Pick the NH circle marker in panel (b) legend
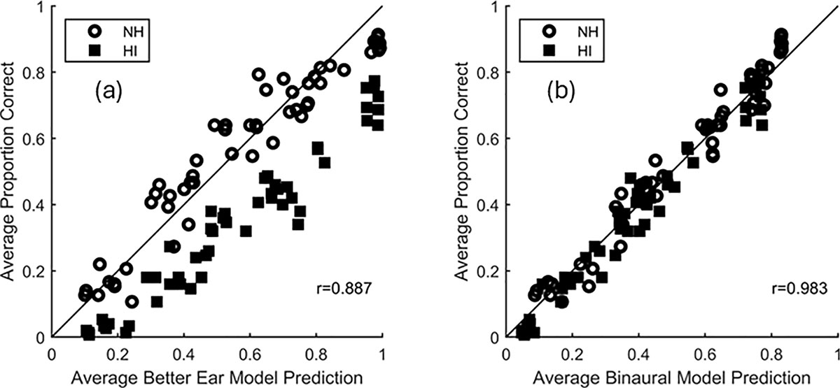pyautogui.click(x=547, y=31)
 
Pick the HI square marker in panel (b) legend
pyautogui.click(x=547, y=50)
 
